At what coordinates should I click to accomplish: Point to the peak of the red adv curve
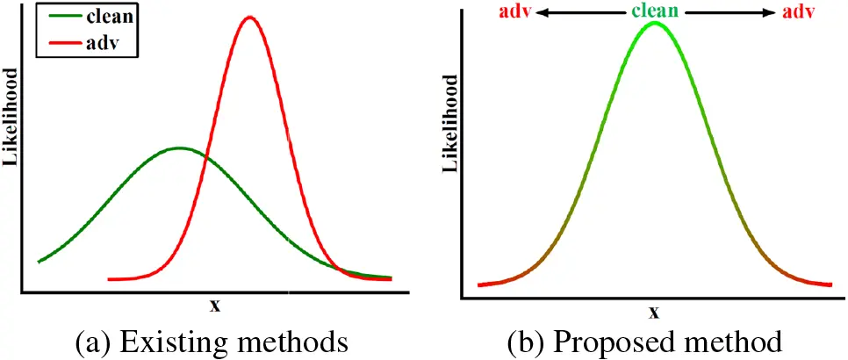(250, 17)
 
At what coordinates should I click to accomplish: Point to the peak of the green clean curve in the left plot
(179, 148)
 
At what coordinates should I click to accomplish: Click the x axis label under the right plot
(654, 312)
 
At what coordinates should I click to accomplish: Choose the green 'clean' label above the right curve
(654, 12)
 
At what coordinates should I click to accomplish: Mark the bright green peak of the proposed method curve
(654, 23)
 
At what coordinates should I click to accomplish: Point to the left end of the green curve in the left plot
(39, 261)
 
